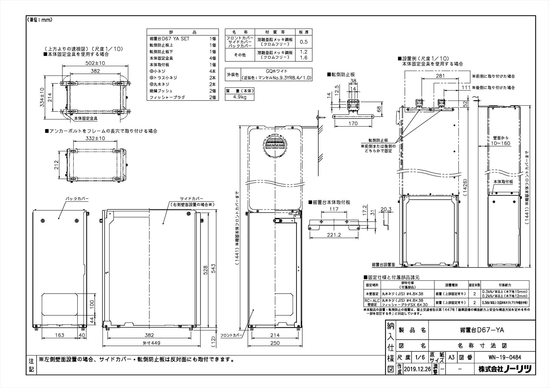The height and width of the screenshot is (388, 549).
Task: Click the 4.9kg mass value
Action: (239, 97)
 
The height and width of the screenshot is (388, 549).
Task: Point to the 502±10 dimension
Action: (95, 63)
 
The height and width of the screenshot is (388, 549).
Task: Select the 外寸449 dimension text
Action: (149, 343)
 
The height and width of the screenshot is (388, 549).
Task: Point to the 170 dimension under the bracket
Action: (353, 124)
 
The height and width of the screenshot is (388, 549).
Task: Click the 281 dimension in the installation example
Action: (440, 76)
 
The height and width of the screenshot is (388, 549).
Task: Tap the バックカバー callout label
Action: (77, 199)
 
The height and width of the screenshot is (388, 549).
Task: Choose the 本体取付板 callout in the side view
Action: (503, 181)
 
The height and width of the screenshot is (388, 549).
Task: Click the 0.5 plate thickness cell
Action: (304, 42)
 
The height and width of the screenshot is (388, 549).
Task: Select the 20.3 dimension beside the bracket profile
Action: (386, 209)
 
